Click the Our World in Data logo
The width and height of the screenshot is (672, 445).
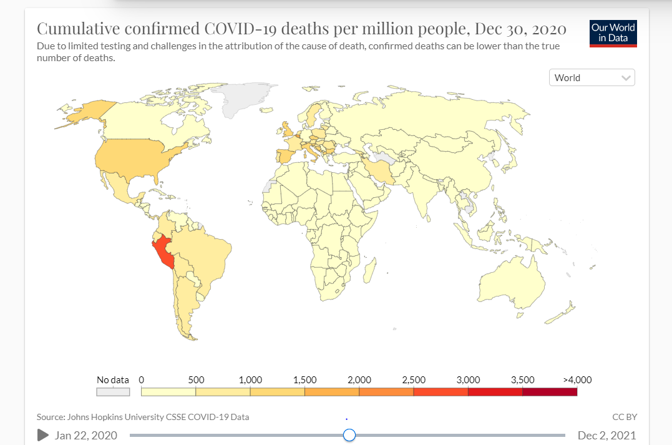click(x=613, y=33)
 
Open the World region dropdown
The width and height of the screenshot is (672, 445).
click(x=592, y=77)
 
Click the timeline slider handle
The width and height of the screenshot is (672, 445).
click(x=349, y=435)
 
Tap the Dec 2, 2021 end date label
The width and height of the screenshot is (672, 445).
click(x=607, y=435)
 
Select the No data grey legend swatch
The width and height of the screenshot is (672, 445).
click(x=113, y=392)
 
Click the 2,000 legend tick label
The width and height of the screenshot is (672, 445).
click(x=359, y=379)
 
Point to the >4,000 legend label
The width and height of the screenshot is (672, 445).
click(x=577, y=379)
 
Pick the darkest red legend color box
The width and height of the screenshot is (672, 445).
click(x=550, y=392)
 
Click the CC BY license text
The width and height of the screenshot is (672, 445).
click(x=625, y=417)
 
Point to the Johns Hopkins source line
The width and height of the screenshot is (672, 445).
click(x=147, y=417)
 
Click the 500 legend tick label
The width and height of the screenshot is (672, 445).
click(x=196, y=379)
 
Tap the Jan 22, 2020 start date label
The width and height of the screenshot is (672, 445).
click(x=85, y=435)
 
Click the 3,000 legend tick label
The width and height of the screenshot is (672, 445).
click(x=468, y=379)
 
